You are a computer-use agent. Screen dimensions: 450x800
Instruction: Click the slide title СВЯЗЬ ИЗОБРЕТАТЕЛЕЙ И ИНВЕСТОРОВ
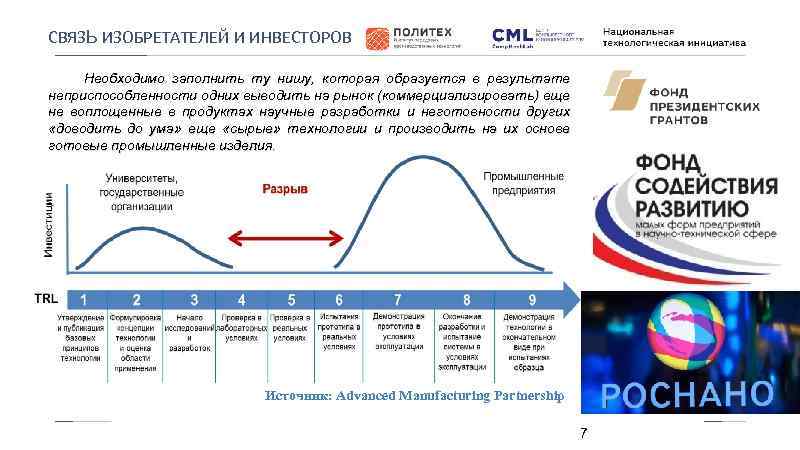[201, 39]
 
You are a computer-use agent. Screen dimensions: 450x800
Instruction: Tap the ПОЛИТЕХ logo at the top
[416, 38]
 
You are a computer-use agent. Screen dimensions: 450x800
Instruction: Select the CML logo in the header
[535, 37]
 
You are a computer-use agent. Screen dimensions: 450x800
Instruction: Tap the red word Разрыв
[284, 188]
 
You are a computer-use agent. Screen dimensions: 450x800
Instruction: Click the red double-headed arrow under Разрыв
[284, 237]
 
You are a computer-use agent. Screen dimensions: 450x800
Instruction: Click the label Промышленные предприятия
[517, 182]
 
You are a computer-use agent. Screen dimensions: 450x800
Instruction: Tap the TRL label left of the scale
[46, 299]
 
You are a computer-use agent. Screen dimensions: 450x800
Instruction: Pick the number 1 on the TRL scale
[84, 299]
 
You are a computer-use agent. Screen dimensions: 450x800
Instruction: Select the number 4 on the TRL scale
[241, 299]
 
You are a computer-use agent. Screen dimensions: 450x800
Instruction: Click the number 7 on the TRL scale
[397, 299]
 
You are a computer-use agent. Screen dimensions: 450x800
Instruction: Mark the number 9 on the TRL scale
[531, 299]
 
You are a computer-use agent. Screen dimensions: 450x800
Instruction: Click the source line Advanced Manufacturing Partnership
[414, 396]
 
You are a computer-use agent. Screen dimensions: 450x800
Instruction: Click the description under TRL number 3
[193, 334]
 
